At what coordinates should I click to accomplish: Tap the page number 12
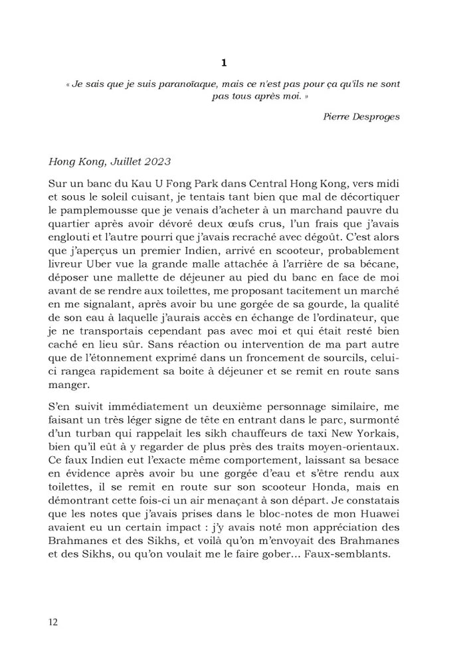coord(53,621)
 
